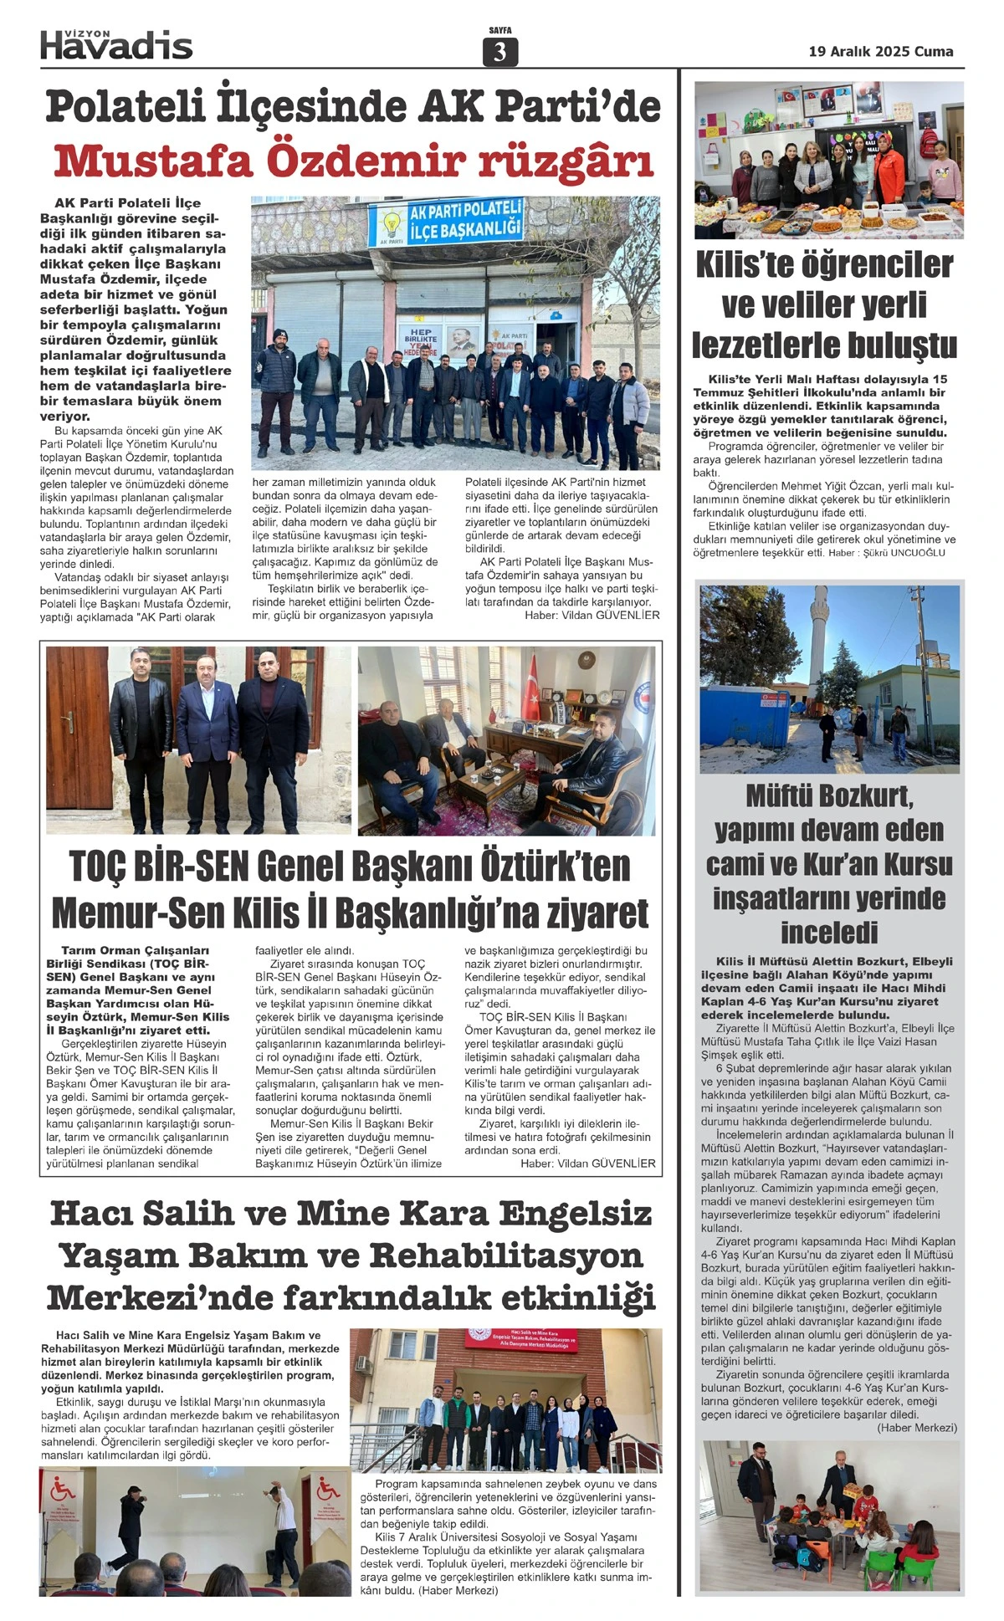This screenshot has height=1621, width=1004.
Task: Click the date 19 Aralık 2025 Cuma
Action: [881, 51]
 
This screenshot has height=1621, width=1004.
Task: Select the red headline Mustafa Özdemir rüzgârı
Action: [353, 161]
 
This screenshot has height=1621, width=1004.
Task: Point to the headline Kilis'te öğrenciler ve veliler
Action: [824, 304]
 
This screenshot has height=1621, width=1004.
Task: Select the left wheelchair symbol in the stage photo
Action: [61, 1488]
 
